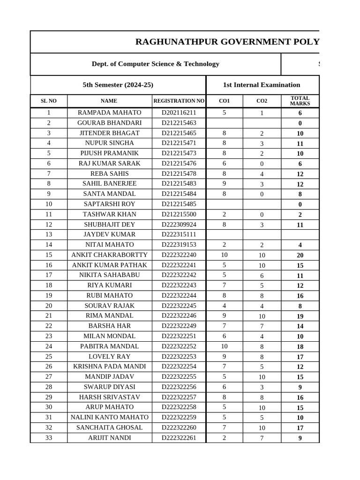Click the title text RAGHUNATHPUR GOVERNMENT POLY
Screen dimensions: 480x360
click(x=227, y=42)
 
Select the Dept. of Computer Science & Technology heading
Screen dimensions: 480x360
click(x=155, y=64)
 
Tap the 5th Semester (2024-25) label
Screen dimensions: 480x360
click(x=118, y=85)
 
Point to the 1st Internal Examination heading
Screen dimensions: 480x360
click(x=262, y=85)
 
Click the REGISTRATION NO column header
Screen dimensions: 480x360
click(x=179, y=101)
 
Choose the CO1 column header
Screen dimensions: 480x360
click(x=224, y=101)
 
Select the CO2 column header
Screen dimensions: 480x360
click(x=262, y=101)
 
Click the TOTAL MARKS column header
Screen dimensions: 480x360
click(x=300, y=101)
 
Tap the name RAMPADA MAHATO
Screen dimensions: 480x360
click(x=109, y=112)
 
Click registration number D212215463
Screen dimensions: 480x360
click(x=179, y=123)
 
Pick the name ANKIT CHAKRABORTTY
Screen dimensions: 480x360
click(x=109, y=255)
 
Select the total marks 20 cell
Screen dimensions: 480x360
click(x=300, y=255)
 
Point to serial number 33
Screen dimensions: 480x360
click(x=49, y=438)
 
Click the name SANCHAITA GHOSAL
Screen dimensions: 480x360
click(x=109, y=427)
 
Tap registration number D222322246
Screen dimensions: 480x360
click(x=179, y=315)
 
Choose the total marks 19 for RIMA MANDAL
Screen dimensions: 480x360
click(x=300, y=316)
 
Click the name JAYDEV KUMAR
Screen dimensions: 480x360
click(x=109, y=234)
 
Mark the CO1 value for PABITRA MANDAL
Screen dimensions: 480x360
click(x=224, y=346)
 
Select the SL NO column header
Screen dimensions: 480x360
click(x=49, y=101)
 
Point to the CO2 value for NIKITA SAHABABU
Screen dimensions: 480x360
click(x=262, y=276)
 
